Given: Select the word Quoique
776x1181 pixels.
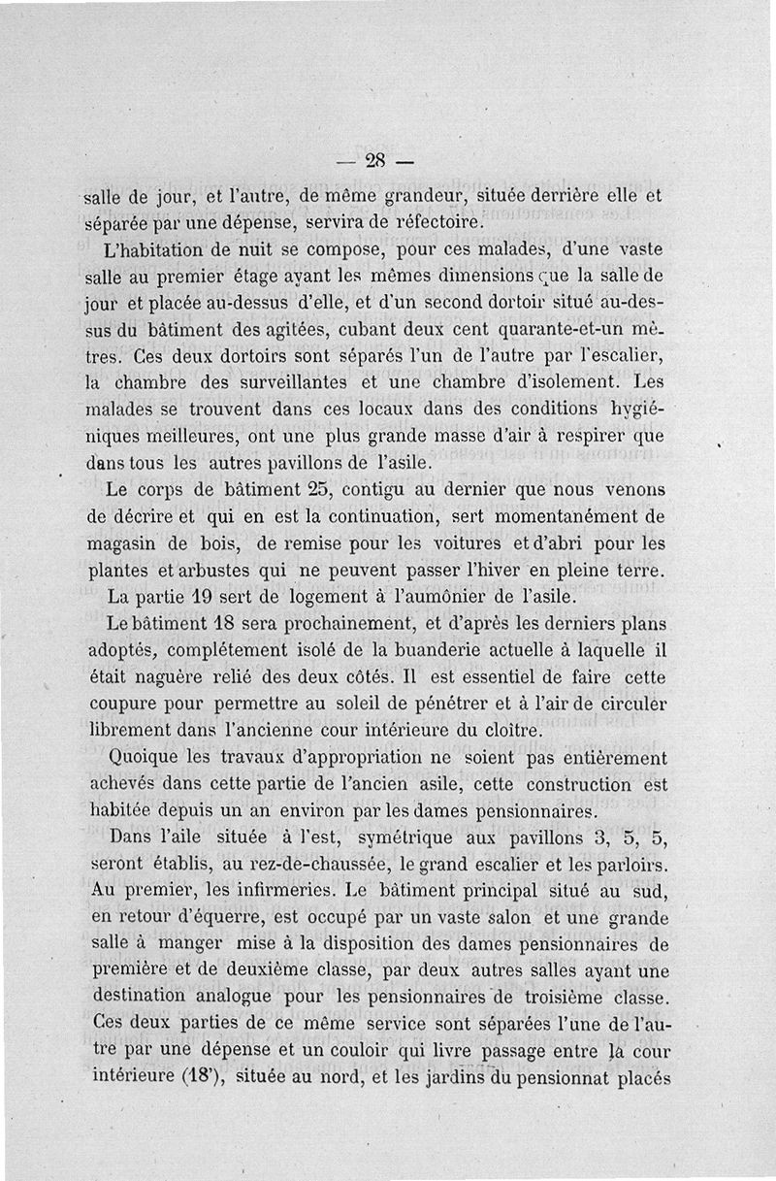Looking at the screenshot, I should click(x=151, y=757).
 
